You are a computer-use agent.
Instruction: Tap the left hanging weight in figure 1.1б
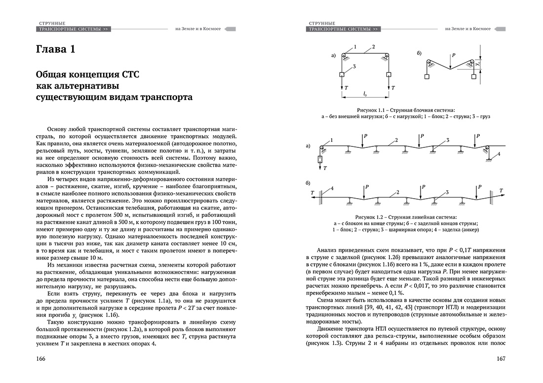click(426, 77)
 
